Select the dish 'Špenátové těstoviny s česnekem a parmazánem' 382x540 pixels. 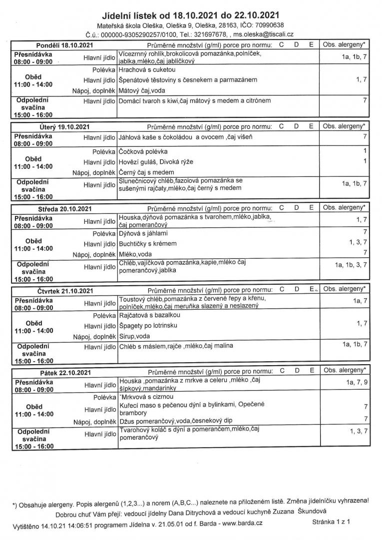(188, 80)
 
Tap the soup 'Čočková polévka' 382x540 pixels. (143, 151)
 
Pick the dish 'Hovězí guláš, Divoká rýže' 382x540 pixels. (156, 162)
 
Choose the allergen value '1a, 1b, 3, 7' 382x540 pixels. (351, 265)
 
